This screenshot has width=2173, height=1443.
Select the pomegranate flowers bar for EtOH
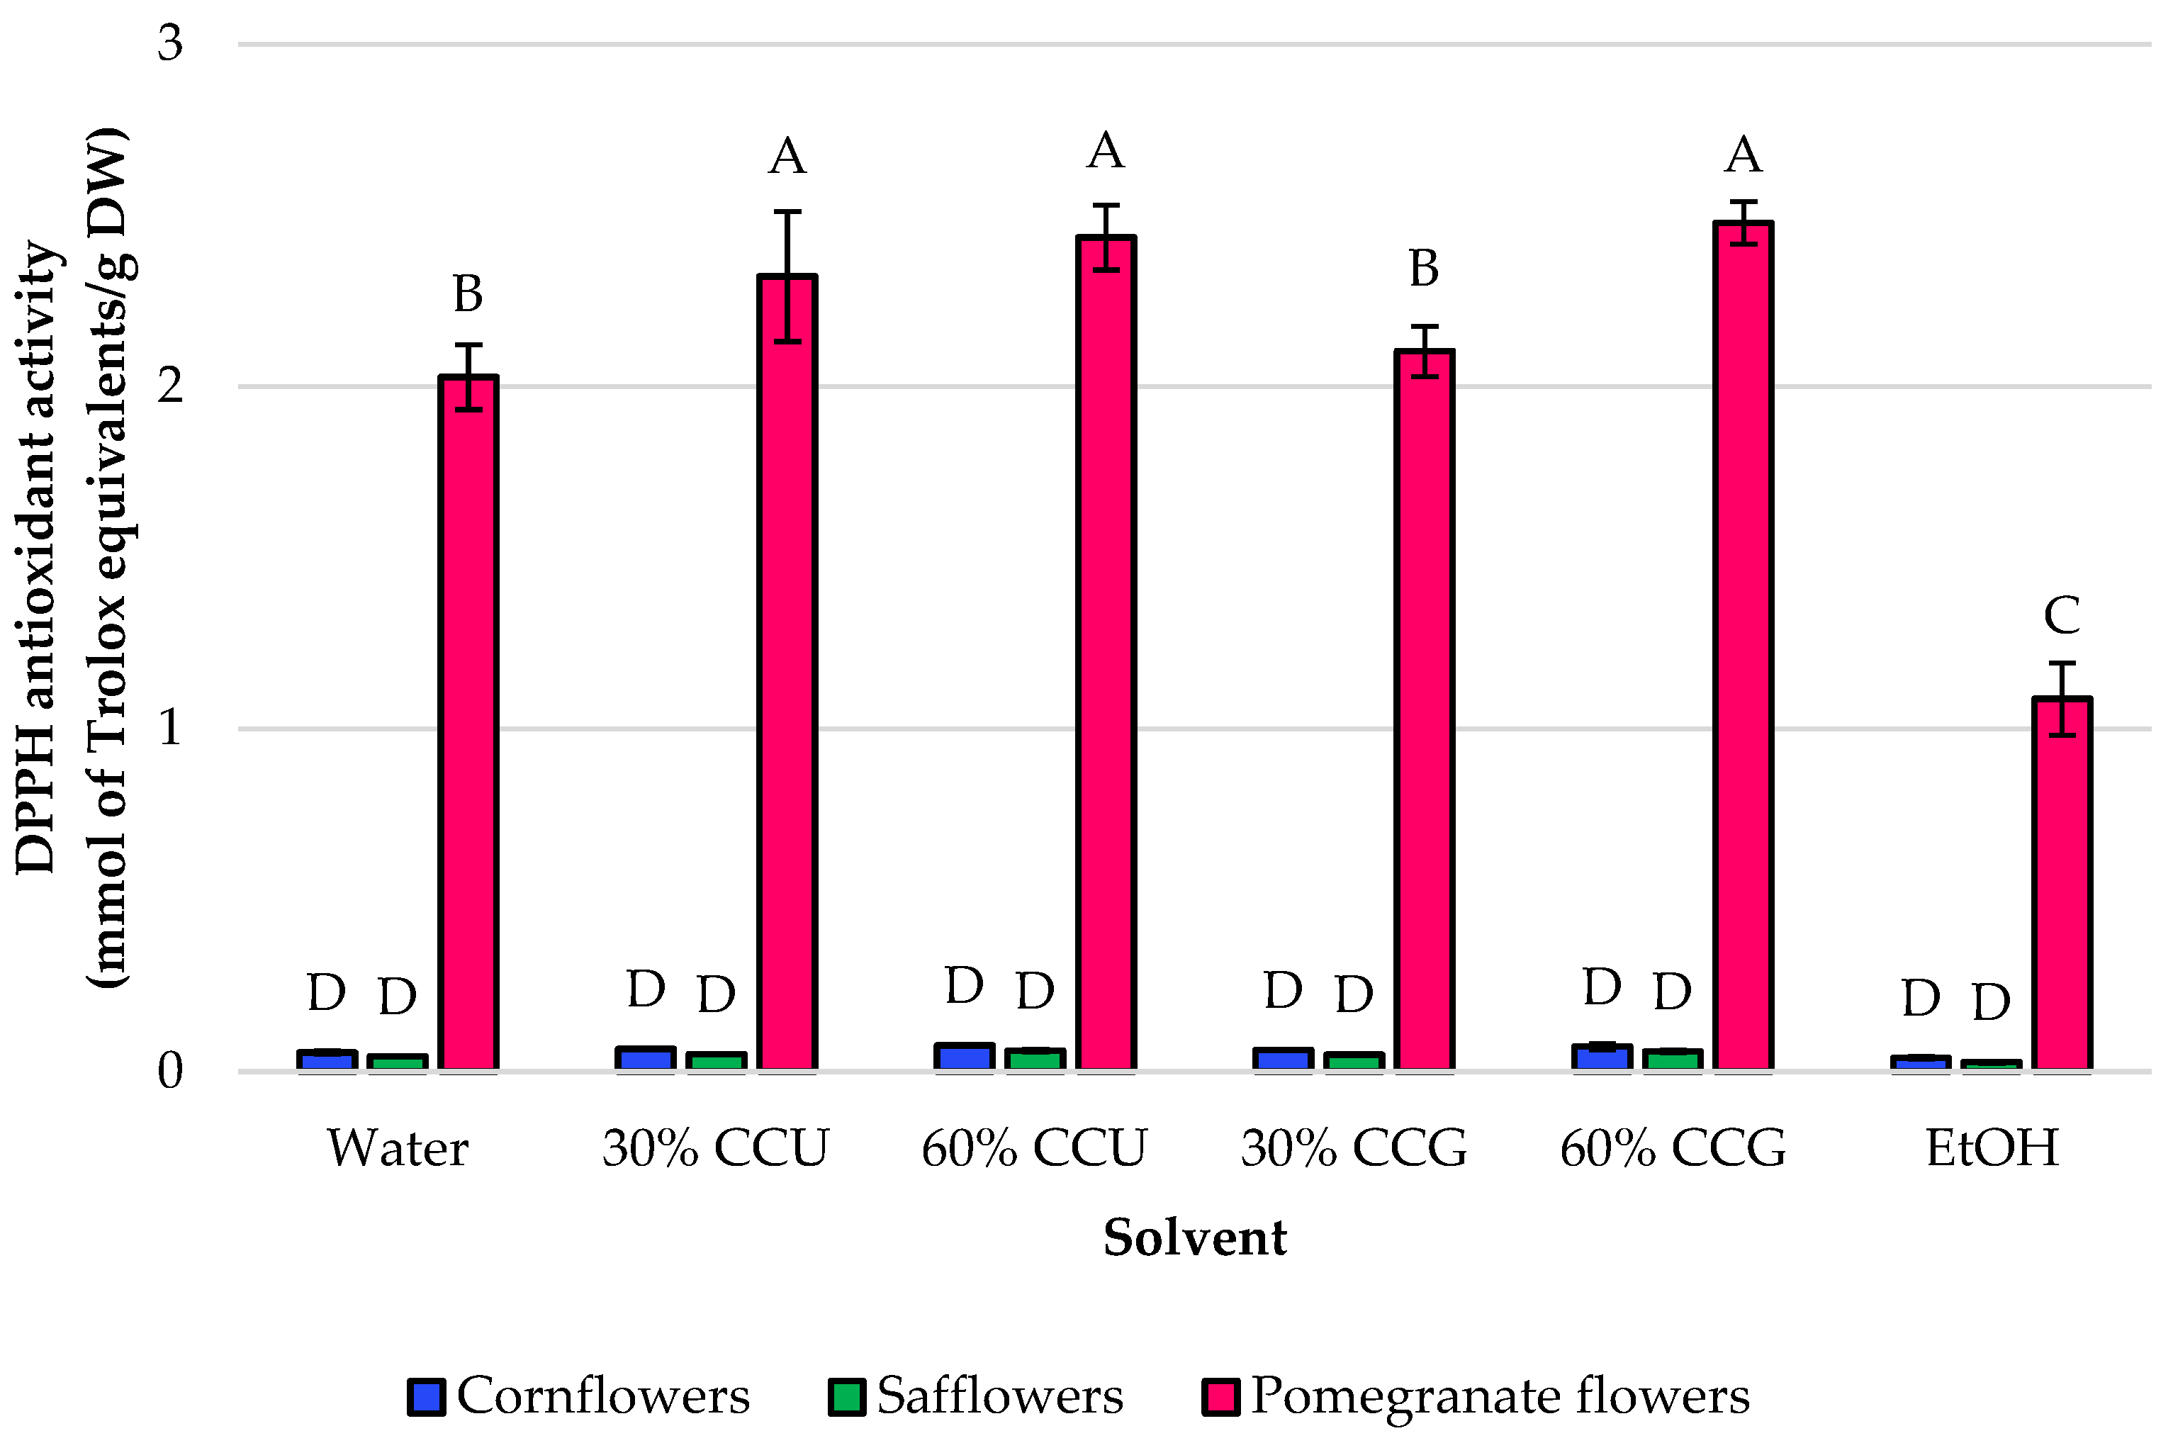pos(2062,885)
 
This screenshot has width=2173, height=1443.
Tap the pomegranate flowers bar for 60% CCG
pos(1744,646)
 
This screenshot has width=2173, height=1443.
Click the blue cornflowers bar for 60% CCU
pos(964,1057)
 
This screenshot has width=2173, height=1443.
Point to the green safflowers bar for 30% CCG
pos(1354,1061)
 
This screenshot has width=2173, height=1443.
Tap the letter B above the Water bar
pos(468,293)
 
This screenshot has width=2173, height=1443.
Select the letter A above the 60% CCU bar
pos(1106,150)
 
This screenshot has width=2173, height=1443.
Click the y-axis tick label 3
pos(170,43)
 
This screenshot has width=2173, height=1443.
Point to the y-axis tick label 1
pos(170,728)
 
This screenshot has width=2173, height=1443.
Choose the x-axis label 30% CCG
pos(1354,1148)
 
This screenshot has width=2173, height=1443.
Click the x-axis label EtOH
pos(1992,1148)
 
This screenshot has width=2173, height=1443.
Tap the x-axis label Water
pos(398,1148)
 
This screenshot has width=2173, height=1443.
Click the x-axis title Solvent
pos(1195,1237)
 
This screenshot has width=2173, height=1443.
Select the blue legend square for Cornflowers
pos(427,1396)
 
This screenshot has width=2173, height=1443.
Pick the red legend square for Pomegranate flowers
pos(1220,1396)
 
